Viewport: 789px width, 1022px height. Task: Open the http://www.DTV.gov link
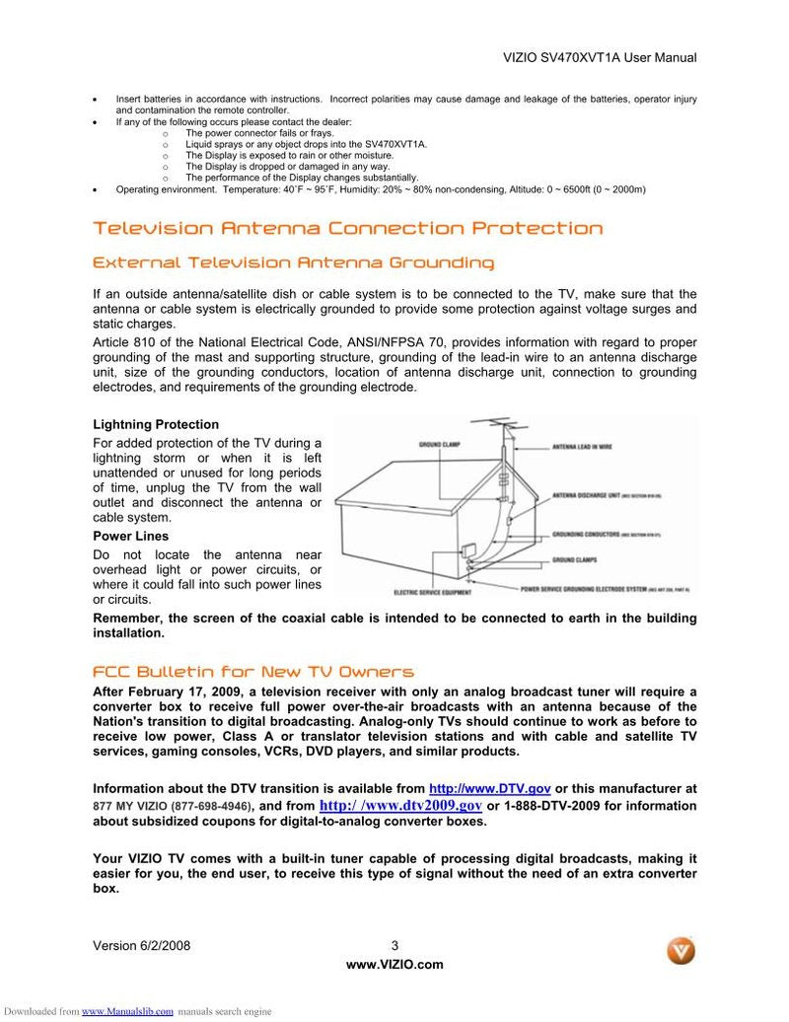[x=489, y=788]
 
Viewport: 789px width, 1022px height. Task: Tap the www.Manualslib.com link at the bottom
[x=127, y=1011]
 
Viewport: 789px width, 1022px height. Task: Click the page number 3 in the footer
[x=394, y=945]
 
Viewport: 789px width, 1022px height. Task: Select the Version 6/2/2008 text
[x=141, y=945]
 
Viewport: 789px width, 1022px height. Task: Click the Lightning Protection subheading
[x=156, y=424]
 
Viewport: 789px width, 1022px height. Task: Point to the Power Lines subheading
[x=130, y=537]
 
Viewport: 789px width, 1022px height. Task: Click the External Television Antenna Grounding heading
[x=293, y=263]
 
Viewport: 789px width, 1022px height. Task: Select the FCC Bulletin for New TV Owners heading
[x=253, y=672]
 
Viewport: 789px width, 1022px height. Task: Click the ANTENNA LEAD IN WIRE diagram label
[x=582, y=447]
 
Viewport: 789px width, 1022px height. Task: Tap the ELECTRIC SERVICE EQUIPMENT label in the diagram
[x=432, y=593]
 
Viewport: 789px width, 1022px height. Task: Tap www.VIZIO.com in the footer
[x=394, y=965]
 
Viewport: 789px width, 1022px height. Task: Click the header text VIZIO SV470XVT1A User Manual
[x=600, y=57]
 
